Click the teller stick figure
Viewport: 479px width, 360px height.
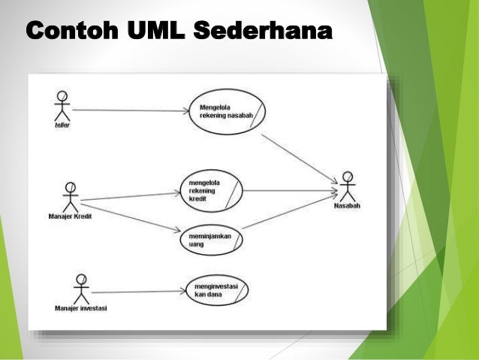pos(62,106)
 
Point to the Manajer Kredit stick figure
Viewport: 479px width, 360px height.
pos(70,198)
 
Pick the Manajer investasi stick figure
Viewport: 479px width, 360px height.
pos(81,289)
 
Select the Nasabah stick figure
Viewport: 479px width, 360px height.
pos(346,186)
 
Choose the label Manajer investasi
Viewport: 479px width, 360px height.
pos(80,308)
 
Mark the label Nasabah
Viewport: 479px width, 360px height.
pos(347,206)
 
